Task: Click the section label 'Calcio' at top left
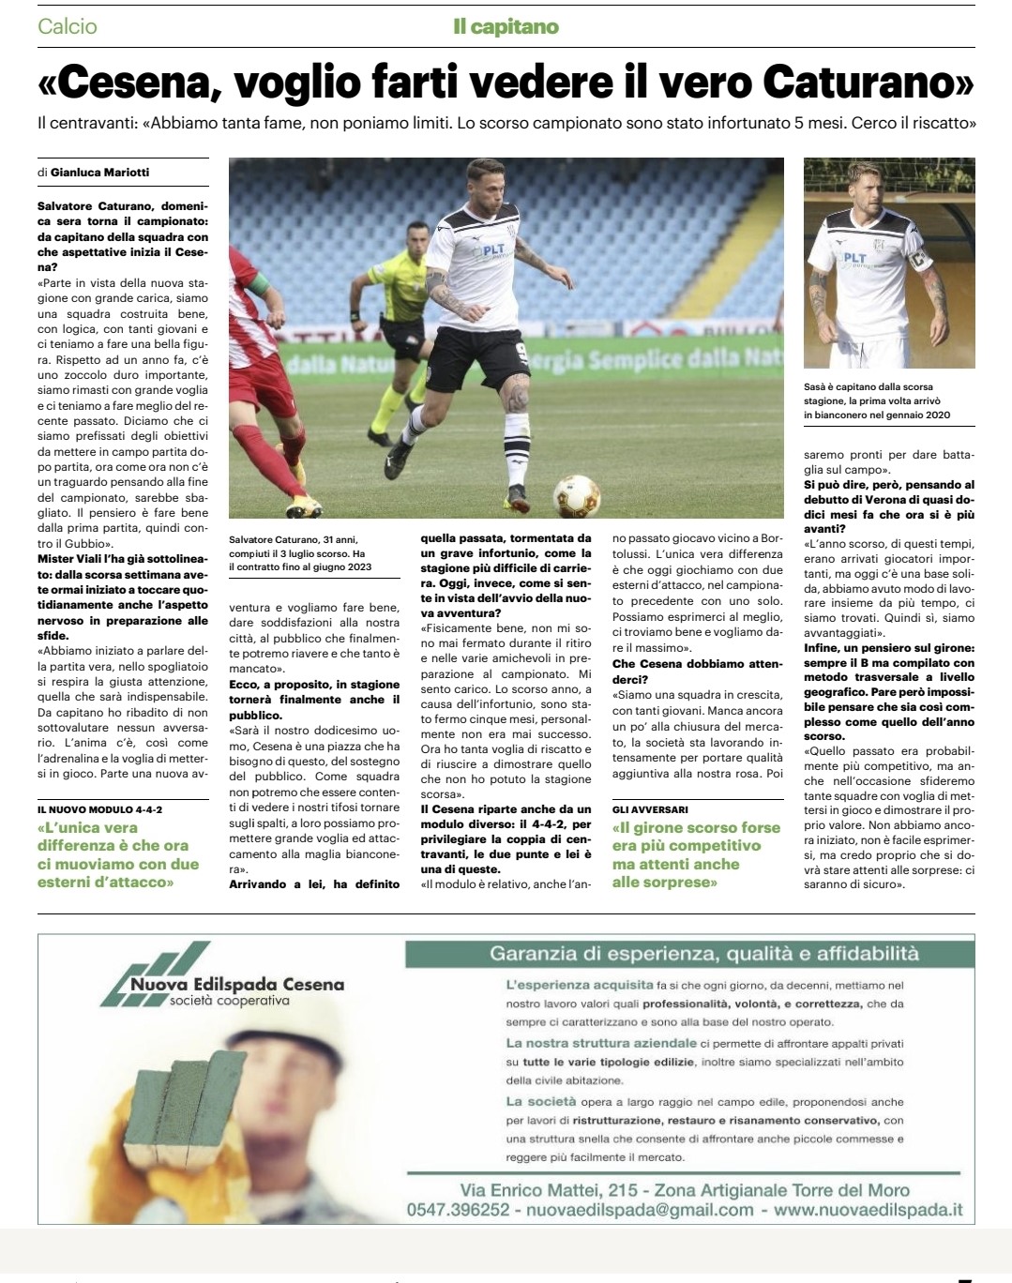coord(68,26)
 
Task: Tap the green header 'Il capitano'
coord(506,26)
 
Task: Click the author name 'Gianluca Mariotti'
coord(99,172)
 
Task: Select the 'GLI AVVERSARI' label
coord(650,808)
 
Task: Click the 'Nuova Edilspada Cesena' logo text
coord(236,985)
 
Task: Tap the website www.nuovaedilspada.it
coord(869,1210)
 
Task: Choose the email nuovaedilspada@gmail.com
coord(640,1210)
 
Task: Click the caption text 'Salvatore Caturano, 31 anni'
coord(293,539)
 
